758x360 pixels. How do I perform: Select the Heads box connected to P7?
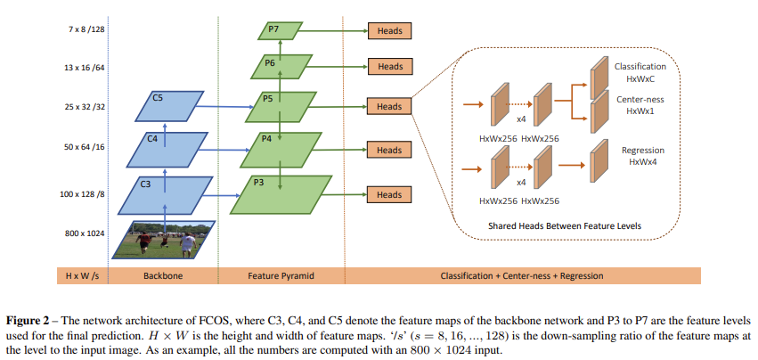[389, 31]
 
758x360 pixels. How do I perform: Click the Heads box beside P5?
[389, 107]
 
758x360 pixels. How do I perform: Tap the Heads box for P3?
[389, 194]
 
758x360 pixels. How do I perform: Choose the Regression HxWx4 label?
[642, 156]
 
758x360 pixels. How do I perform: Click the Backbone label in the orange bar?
[163, 276]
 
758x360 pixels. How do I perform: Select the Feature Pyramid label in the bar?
[281, 276]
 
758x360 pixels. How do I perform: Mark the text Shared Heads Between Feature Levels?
[564, 225]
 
